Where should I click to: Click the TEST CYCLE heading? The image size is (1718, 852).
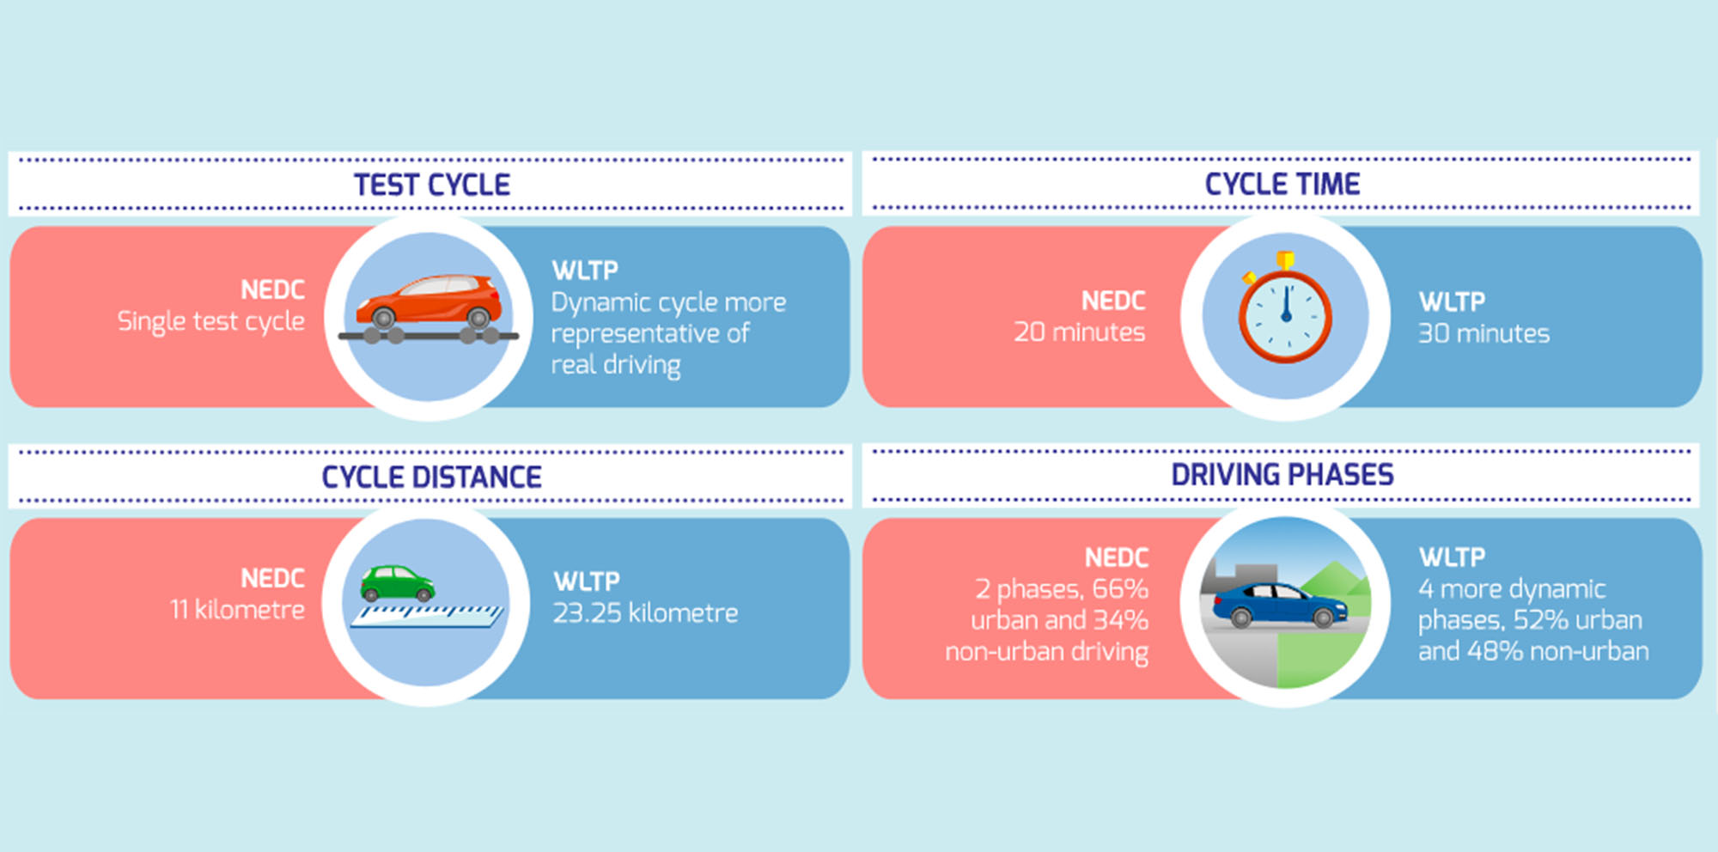432,185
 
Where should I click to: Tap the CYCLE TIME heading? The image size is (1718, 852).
1282,184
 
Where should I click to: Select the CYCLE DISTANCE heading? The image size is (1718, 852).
431,477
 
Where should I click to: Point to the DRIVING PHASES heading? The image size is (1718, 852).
1282,474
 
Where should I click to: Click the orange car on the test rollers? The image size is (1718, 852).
429,301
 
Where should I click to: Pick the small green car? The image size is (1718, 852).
397,583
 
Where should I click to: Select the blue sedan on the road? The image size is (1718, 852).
1280,604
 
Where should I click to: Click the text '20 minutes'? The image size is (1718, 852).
1080,332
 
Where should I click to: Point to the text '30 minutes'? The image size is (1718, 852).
1484,333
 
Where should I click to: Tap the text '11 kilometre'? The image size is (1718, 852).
238,610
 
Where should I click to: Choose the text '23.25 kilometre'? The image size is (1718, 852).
645,612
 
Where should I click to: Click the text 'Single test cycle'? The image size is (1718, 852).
211,321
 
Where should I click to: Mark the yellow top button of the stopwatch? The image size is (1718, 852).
1285,259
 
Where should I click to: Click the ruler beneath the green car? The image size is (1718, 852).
427,616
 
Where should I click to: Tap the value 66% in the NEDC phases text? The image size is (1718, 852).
1120,589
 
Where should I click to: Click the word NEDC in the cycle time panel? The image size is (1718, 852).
1113,301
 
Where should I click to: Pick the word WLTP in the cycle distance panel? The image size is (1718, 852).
587,581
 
